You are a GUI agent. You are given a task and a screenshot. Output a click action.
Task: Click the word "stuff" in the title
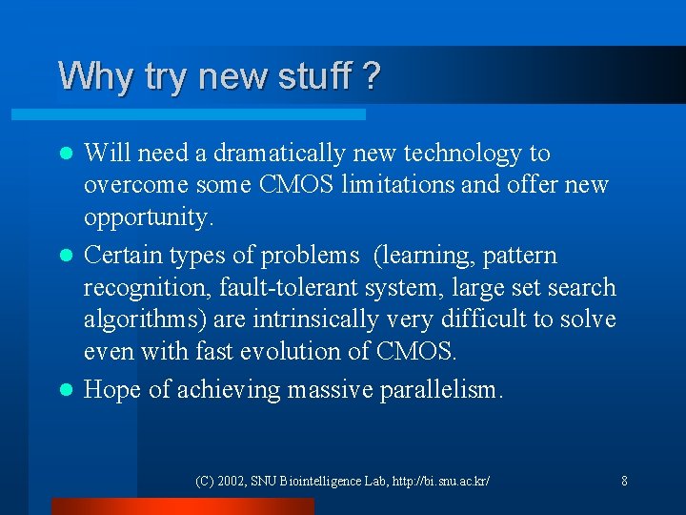(x=306, y=75)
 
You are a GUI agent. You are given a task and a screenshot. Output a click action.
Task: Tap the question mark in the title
(x=372, y=75)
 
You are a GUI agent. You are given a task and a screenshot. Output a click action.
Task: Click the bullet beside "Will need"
(x=66, y=154)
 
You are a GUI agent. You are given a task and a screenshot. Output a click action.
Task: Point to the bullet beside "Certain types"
(x=66, y=257)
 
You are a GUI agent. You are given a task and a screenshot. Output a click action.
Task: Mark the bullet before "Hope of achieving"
(x=66, y=390)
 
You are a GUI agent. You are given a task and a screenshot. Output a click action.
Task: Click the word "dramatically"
(x=282, y=154)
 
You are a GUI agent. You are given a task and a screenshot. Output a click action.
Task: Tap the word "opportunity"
(x=148, y=217)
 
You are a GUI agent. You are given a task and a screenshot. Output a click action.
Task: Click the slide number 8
(x=624, y=481)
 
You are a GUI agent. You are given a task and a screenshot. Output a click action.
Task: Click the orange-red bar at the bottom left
(x=182, y=506)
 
